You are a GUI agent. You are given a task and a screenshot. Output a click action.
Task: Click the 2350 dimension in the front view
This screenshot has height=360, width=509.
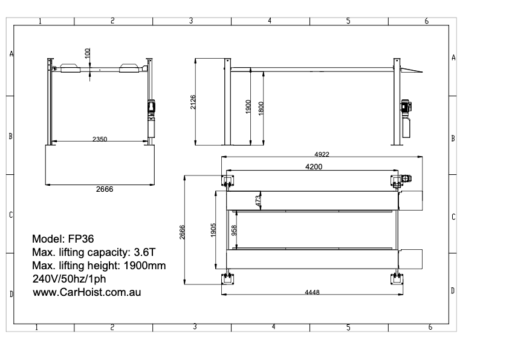pyautogui.click(x=100, y=139)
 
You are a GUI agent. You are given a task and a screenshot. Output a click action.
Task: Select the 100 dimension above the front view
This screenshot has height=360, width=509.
pyautogui.click(x=88, y=54)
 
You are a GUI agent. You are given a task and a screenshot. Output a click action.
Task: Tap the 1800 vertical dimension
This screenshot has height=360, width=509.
pyautogui.click(x=261, y=107)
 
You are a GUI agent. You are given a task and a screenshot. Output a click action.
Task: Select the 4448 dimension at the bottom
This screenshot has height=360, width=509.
pyautogui.click(x=312, y=292)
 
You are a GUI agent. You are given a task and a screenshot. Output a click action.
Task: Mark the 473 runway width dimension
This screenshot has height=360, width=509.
pyautogui.click(x=258, y=201)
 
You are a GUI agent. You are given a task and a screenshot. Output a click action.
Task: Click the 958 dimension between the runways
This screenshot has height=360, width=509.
pyautogui.click(x=235, y=231)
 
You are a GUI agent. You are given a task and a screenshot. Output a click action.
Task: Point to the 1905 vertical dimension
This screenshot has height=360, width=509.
pyautogui.click(x=213, y=230)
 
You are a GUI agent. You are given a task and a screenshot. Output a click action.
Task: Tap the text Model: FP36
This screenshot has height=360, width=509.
pyautogui.click(x=63, y=238)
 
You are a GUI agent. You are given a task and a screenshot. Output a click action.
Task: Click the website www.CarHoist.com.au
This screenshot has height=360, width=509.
pyautogui.click(x=86, y=292)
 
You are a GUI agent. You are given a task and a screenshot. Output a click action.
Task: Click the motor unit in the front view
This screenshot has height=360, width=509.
pyautogui.click(x=152, y=108)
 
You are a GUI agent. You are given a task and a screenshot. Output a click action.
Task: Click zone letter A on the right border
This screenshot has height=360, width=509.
pyautogui.click(x=453, y=57)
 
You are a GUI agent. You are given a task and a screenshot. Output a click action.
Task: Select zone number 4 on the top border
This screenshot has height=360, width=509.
pyautogui.click(x=270, y=21)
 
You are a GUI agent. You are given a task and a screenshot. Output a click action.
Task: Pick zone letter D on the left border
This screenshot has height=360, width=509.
pyautogui.click(x=11, y=294)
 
